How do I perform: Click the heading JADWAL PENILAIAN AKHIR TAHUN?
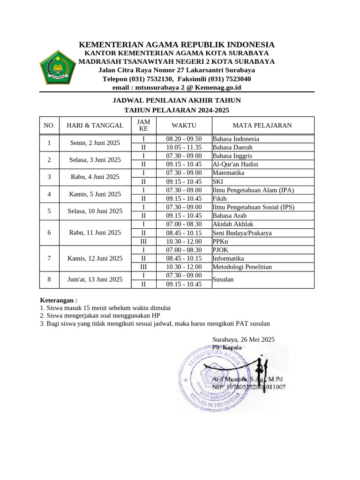[x=177, y=100]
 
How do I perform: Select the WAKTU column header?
[x=184, y=125]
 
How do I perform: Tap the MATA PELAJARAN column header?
[x=262, y=125]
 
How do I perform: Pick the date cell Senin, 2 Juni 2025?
[x=95, y=143]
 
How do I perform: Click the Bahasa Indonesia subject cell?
[x=236, y=139]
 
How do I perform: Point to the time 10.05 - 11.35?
[x=184, y=147]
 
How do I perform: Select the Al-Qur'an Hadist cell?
[x=235, y=165]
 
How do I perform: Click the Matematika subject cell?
[x=229, y=173]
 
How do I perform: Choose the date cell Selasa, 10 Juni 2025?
[x=95, y=211]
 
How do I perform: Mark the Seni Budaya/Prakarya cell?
[x=242, y=233]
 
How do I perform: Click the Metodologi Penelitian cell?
[x=242, y=267]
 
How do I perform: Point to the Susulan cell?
[x=223, y=279]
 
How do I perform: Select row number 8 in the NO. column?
[x=49, y=279]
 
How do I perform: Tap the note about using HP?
[x=100, y=315]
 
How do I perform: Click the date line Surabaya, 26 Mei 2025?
[x=243, y=339]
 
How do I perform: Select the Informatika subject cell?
[x=228, y=258]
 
